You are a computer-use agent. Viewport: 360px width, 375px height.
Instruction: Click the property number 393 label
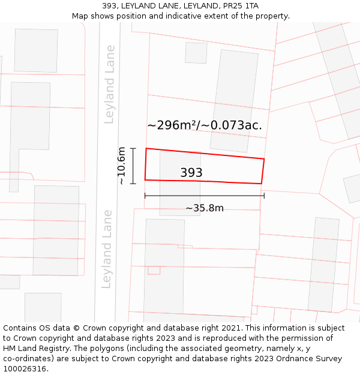point(191,173)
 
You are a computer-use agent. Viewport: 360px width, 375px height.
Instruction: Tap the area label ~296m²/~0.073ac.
point(205,125)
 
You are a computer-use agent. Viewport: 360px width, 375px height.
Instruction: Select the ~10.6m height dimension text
point(122,166)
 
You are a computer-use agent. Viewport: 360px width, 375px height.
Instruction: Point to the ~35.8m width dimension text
point(204,208)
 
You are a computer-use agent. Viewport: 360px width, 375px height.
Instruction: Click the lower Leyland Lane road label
point(107,248)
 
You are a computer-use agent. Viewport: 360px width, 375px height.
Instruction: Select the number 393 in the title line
point(110,5)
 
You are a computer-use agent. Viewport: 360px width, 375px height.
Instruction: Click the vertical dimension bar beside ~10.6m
point(133,166)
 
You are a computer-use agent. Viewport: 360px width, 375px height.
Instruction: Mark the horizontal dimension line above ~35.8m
point(204,196)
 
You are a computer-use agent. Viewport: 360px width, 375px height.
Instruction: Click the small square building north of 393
point(196,53)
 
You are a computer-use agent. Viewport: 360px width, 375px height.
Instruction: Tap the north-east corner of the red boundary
point(264,159)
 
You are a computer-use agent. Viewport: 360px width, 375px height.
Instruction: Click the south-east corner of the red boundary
point(262,184)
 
